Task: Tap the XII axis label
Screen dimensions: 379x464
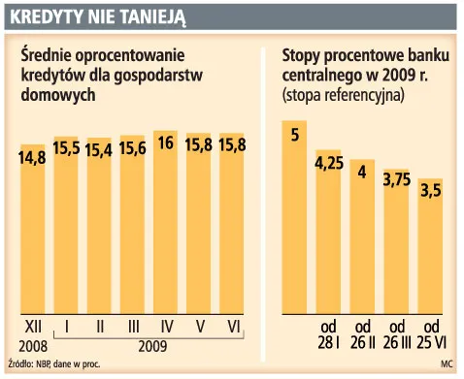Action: [x=32, y=327]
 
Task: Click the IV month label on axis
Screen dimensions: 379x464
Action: [x=166, y=327]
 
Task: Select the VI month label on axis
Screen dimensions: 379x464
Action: [x=232, y=327]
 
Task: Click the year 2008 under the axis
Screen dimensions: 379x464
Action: [x=31, y=345]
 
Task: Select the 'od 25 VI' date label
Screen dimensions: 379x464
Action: [x=431, y=334]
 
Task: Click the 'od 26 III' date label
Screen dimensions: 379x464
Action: [x=396, y=334]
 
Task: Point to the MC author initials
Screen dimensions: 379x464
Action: [x=446, y=365]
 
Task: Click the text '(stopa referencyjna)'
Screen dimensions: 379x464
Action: [x=343, y=96]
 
